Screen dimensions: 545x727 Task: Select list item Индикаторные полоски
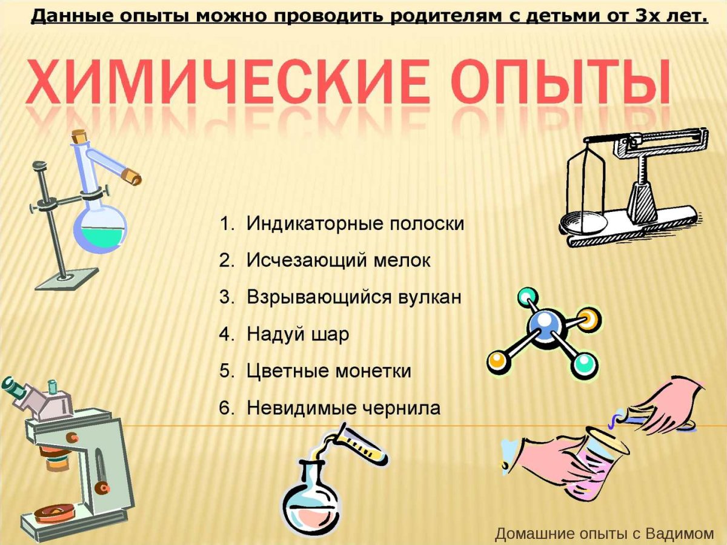[x=355, y=223]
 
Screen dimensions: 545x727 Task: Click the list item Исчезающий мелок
[x=339, y=260]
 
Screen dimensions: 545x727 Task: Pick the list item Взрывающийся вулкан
[x=354, y=297]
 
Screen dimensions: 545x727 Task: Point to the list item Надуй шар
[x=298, y=334]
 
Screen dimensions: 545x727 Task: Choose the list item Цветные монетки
[x=329, y=371]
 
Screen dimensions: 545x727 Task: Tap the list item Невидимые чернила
[x=344, y=408]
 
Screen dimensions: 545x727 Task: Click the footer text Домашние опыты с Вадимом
[x=604, y=533]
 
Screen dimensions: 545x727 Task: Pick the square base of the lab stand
[x=67, y=279]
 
